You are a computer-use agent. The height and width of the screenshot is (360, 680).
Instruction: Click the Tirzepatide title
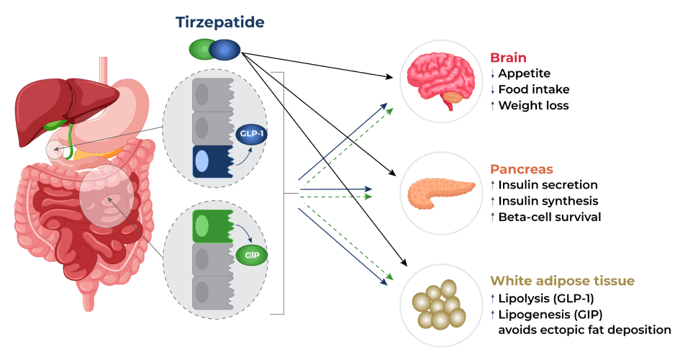click(x=220, y=22)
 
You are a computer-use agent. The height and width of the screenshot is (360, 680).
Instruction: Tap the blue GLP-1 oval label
click(x=252, y=134)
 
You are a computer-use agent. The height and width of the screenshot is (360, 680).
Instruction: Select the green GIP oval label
click(x=252, y=255)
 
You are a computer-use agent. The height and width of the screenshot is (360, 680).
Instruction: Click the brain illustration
click(x=440, y=81)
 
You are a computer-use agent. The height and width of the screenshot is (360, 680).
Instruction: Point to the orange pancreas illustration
click(x=441, y=193)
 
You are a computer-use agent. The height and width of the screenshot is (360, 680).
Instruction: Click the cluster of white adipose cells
click(x=438, y=305)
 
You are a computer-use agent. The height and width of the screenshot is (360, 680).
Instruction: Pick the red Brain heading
click(x=508, y=58)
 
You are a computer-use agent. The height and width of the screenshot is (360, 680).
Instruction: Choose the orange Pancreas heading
click(x=521, y=169)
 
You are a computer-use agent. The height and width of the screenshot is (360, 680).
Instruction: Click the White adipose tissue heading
click(x=562, y=281)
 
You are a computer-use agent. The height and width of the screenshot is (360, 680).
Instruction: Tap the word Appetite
click(x=525, y=73)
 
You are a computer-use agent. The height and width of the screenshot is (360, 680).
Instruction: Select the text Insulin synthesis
click(x=548, y=201)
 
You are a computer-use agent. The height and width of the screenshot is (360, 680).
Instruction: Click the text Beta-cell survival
click(x=550, y=217)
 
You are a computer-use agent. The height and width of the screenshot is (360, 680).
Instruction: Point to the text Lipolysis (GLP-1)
click(x=546, y=298)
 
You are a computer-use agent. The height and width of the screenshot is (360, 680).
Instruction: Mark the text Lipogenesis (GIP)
click(x=550, y=314)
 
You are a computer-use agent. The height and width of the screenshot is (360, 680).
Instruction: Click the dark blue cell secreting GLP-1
click(x=212, y=161)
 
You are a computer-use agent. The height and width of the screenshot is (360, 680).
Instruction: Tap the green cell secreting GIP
click(x=212, y=226)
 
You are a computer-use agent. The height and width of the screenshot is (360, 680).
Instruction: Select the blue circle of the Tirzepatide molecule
click(x=225, y=50)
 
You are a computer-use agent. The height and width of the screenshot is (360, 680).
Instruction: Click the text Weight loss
click(x=533, y=105)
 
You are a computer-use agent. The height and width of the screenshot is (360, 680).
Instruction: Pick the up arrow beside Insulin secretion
click(x=493, y=185)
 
